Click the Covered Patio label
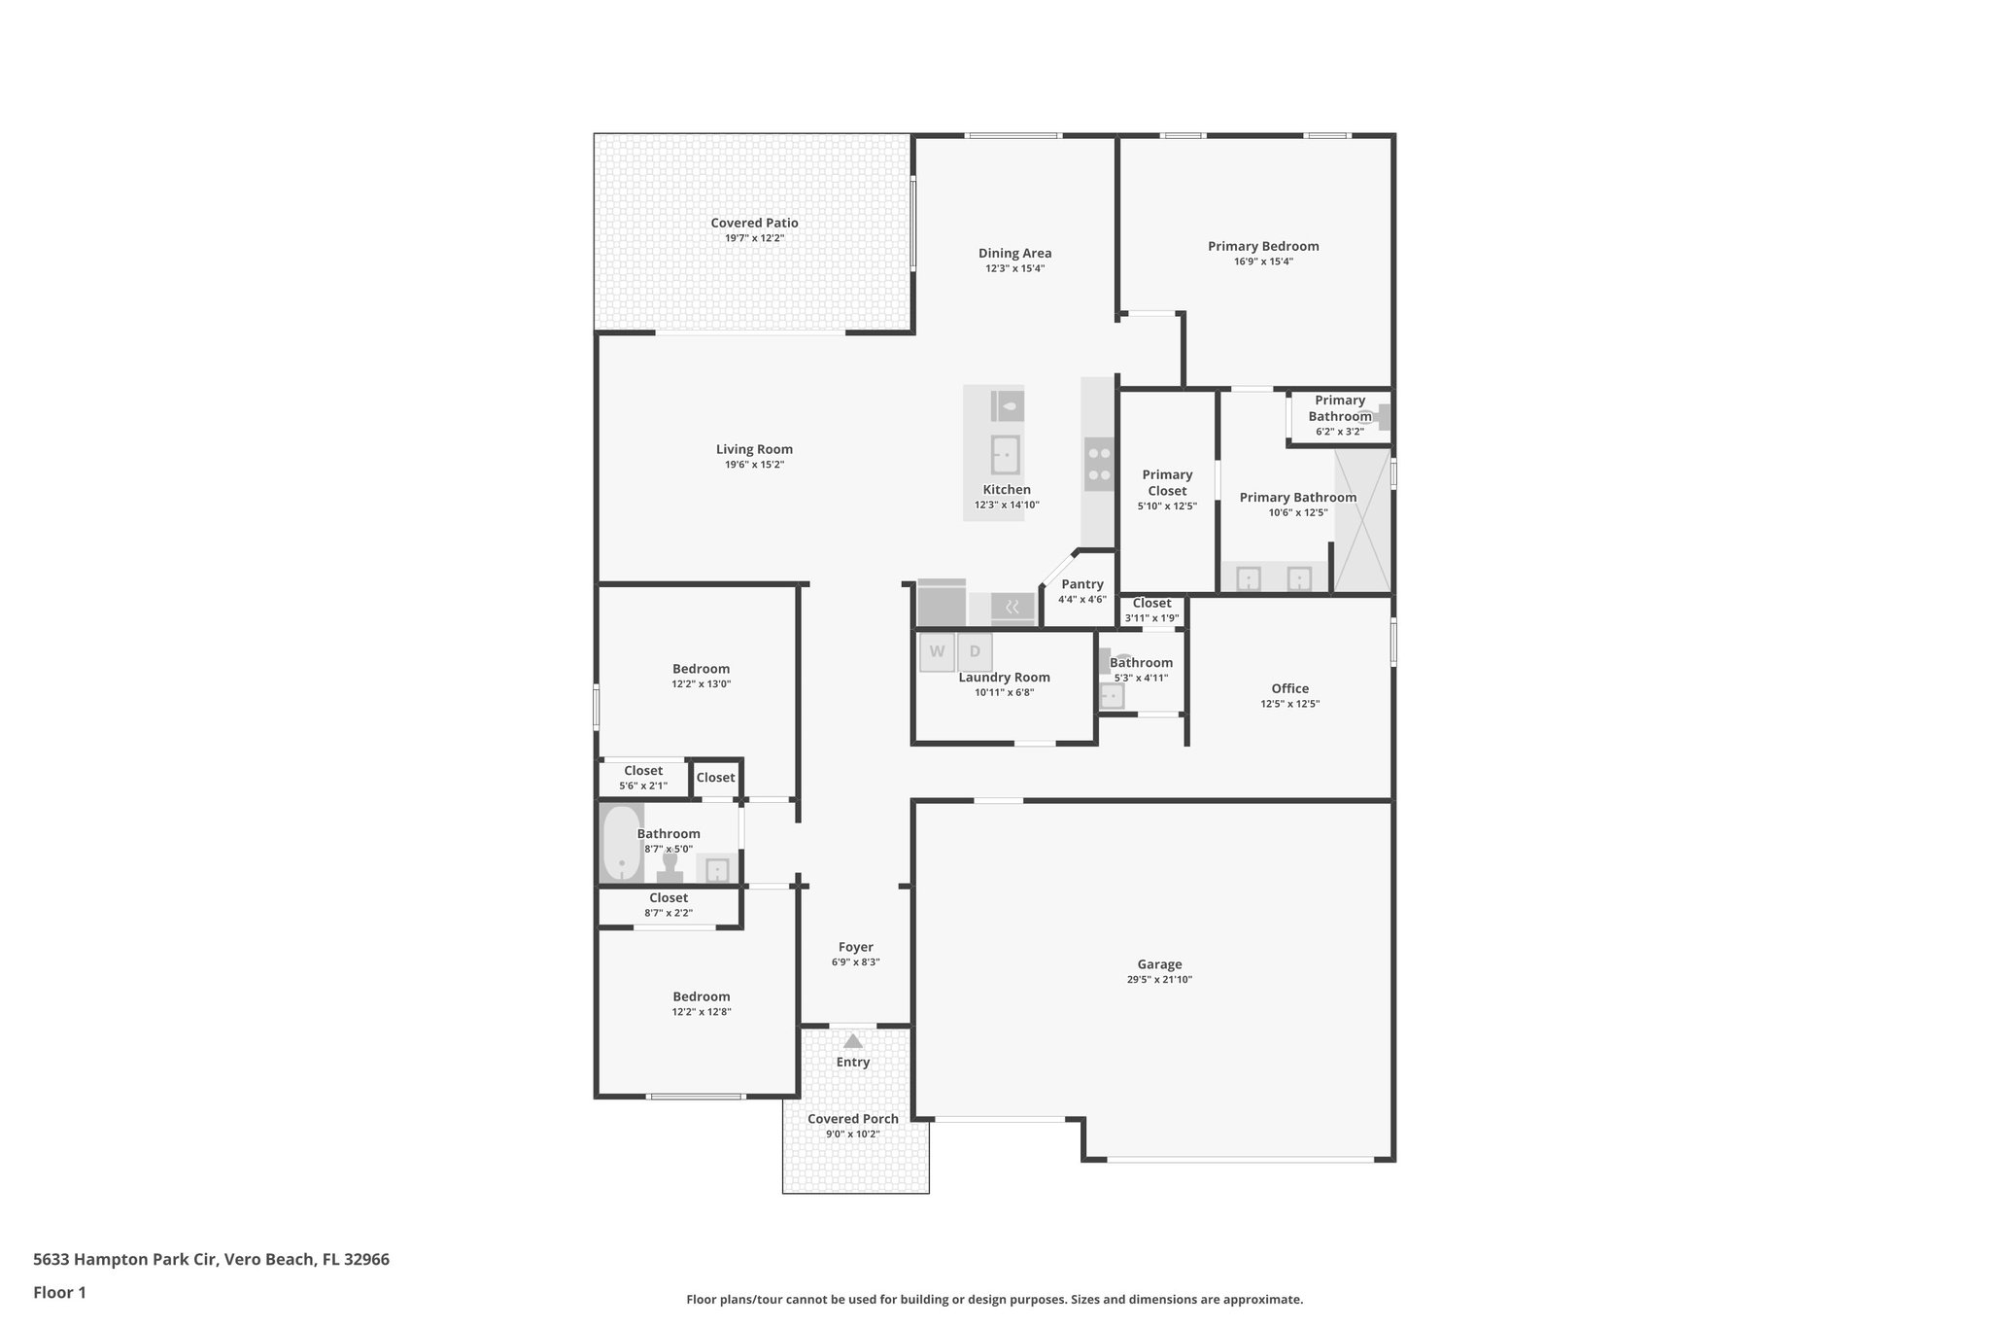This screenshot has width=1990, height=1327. pos(754,223)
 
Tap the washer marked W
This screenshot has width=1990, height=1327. pos(937,652)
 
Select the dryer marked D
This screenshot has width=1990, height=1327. pos(975,652)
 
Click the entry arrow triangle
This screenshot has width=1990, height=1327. pos(852,1041)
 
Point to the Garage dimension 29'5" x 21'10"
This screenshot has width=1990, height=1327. pos(1159,980)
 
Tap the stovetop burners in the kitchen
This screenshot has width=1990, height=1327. pos(1099,464)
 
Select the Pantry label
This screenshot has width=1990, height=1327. pos(1081,584)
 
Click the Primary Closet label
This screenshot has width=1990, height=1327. pos(1167,482)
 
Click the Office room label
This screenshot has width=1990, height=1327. pos(1289,688)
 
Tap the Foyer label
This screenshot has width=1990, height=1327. pos(855,947)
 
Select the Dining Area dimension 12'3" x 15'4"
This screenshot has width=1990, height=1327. pos(1014,268)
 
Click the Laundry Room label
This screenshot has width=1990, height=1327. pos(1004,678)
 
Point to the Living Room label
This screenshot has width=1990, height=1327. pos(754,449)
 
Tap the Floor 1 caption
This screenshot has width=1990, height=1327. pos(59,1292)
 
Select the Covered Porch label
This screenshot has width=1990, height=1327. pos(852,1119)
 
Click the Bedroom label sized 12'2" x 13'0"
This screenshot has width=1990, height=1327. pos(701,669)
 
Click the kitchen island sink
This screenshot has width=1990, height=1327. pos(1005,454)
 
